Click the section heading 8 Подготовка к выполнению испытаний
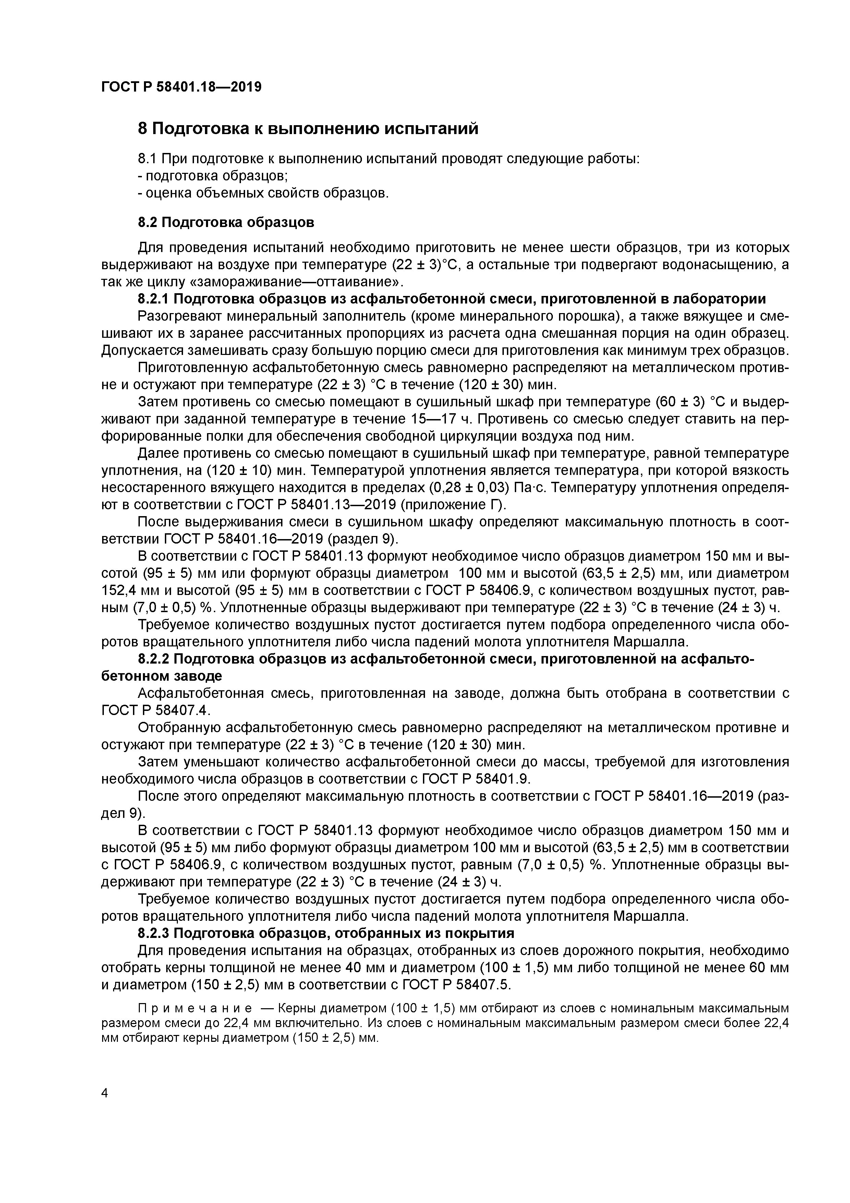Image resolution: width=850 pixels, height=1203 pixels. click(308, 128)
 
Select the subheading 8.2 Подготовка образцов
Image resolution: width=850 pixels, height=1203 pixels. click(226, 223)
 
